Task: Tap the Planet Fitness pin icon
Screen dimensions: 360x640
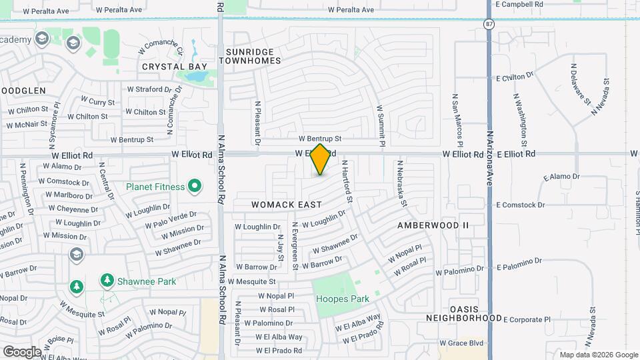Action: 195,187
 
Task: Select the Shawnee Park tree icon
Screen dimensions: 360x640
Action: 107,281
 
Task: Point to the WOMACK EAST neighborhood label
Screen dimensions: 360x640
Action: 287,205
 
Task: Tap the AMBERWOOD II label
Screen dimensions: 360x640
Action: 433,225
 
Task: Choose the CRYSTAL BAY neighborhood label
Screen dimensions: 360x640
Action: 175,67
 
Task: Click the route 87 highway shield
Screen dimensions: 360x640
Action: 490,23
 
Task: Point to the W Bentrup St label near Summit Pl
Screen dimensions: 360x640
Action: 320,139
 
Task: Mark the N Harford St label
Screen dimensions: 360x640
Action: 347,181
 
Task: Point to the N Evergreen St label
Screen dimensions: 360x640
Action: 294,245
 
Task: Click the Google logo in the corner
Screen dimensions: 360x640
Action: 22,351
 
